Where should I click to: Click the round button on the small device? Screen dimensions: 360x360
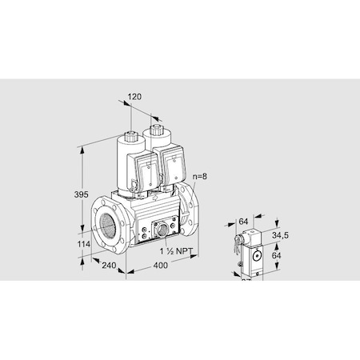(257, 254)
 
